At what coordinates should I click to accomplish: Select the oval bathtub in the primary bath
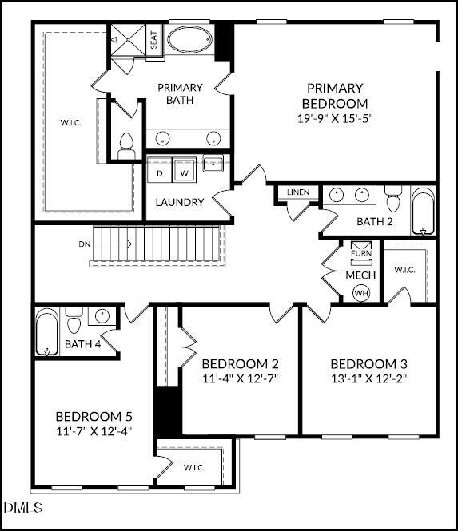pos(189,40)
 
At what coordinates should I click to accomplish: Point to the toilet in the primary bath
pos(125,146)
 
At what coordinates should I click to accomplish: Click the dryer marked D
pos(160,172)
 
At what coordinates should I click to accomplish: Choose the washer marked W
pos(184,172)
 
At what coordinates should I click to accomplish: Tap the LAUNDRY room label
pos(179,203)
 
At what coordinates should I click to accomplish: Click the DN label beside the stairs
pos(85,243)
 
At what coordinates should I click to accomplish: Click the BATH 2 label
pos(375,221)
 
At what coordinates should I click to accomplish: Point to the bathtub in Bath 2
pos(423,211)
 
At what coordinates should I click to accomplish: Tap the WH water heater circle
pos(361,293)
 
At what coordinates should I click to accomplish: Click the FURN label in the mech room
pos(361,255)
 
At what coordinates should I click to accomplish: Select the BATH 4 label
pos(83,345)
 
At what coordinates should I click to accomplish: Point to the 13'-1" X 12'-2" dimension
pos(368,378)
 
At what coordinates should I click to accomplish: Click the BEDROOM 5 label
pos(94,416)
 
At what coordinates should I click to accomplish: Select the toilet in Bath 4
pos(74,321)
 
